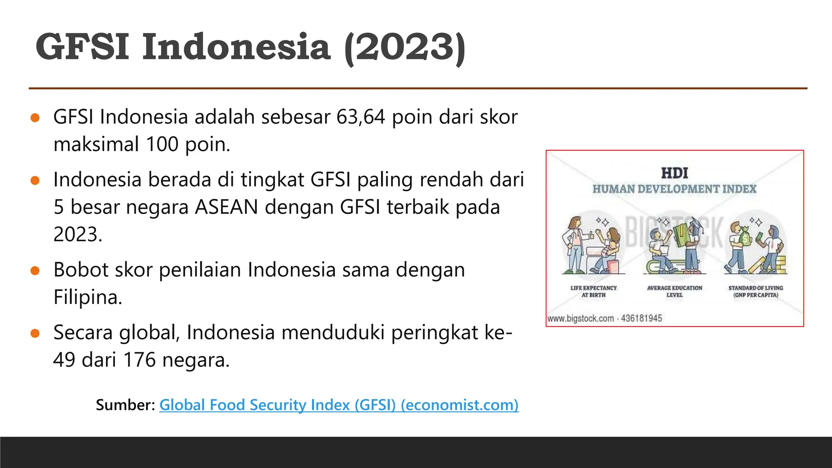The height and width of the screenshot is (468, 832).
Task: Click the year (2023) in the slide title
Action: (x=405, y=48)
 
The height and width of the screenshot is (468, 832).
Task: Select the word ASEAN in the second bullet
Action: (x=226, y=207)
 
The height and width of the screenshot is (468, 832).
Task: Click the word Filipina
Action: (x=88, y=297)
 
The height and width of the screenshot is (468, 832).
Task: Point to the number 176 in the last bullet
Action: (x=139, y=360)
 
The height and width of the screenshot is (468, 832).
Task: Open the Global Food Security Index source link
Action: (x=339, y=405)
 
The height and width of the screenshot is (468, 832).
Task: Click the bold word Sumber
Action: (x=125, y=405)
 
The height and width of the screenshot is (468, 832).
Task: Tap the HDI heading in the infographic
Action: (x=674, y=173)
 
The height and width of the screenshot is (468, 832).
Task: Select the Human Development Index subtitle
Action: (x=674, y=189)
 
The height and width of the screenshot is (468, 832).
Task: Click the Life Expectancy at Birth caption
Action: (x=593, y=291)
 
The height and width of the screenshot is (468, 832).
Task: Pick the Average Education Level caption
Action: (x=674, y=291)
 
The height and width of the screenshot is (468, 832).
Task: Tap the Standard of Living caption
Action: (x=756, y=291)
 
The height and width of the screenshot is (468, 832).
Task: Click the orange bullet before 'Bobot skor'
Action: (x=35, y=271)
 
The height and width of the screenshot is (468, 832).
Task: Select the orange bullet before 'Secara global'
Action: (x=35, y=334)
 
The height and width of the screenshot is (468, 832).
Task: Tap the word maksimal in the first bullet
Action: (x=96, y=145)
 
